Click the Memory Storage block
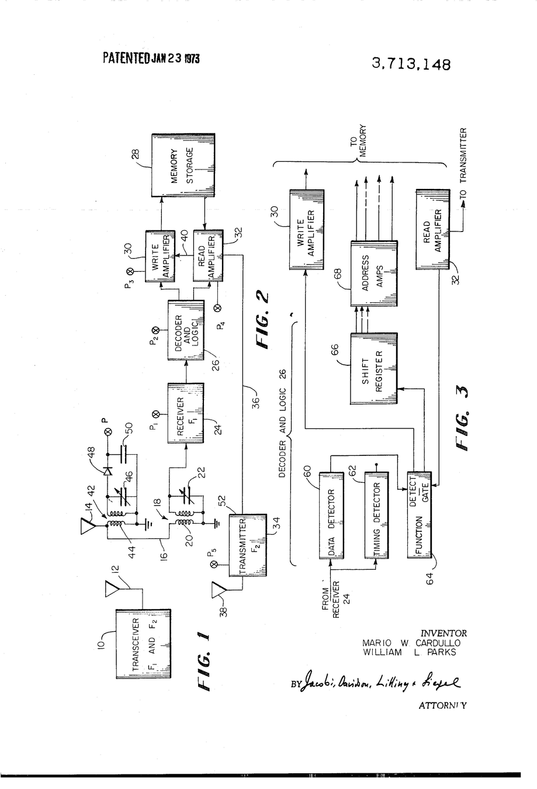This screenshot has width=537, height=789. click(x=183, y=166)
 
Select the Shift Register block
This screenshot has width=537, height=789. click(x=373, y=368)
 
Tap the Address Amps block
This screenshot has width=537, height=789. click(x=374, y=273)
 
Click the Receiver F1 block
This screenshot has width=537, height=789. click(x=186, y=413)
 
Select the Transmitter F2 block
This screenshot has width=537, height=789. click(x=248, y=545)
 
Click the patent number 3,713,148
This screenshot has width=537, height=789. click(x=411, y=64)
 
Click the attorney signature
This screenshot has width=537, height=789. click(x=380, y=682)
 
